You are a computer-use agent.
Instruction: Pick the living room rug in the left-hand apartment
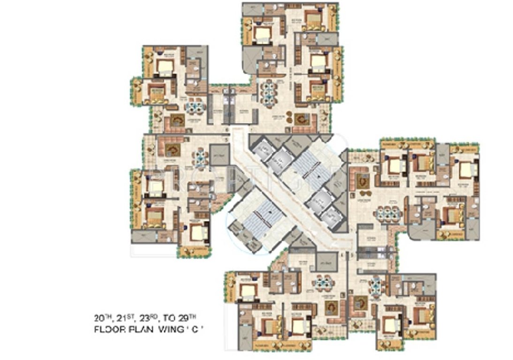[x=172, y=150]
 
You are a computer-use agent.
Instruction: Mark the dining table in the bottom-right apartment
[x=376, y=285]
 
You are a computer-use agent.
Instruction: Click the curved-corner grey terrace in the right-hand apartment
[x=420, y=230]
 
